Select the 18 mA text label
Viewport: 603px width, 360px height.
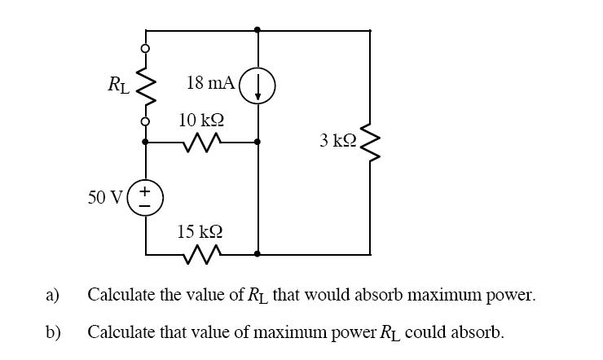(x=210, y=82)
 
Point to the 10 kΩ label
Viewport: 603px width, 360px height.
(x=201, y=120)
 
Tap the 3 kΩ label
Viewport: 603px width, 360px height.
(x=337, y=140)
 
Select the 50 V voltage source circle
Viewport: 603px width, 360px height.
(x=147, y=197)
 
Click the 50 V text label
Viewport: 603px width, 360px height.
(x=105, y=197)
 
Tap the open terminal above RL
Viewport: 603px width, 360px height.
(x=147, y=49)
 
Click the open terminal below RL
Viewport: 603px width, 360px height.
(x=147, y=122)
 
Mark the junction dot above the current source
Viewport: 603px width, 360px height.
(x=257, y=30)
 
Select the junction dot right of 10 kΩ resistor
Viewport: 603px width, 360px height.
(x=257, y=142)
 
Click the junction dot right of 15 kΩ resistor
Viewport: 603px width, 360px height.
(x=257, y=254)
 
